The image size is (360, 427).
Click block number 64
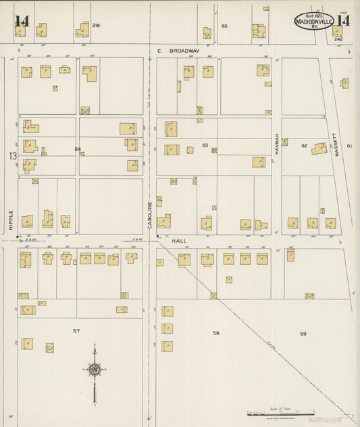coord(78,149)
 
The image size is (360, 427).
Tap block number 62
coord(304,145)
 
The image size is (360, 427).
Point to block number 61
coord(349,146)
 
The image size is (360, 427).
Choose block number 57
coord(76,330)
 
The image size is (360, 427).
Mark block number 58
coord(216,333)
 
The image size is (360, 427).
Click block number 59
coord(303,333)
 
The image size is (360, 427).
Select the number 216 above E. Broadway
coord(96,25)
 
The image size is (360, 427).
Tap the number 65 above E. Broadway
coord(224,25)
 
